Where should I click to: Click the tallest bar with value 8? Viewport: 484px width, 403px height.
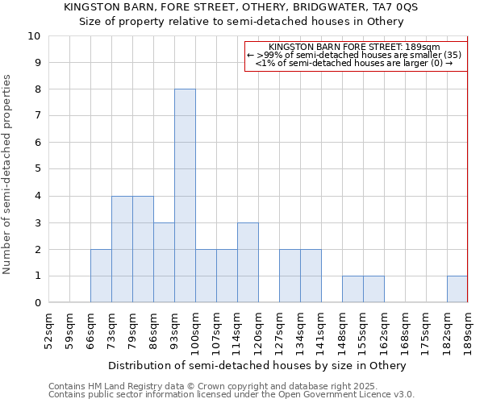185,196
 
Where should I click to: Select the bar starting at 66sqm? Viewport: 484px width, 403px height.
101,276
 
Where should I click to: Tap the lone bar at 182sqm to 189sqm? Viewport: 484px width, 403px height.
457,289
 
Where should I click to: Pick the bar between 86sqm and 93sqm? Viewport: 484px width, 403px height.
164,263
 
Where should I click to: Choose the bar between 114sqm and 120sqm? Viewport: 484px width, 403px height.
248,263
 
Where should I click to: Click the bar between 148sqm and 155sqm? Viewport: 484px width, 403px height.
353,289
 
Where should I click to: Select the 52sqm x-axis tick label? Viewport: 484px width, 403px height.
48,329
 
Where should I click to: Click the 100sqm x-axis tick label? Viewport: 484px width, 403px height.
195,331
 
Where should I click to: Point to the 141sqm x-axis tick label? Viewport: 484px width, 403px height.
321,331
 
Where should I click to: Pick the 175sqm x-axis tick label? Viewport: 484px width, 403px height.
426,331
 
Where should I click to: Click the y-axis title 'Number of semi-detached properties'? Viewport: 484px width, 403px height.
8,174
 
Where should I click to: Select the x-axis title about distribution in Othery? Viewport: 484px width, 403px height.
258,365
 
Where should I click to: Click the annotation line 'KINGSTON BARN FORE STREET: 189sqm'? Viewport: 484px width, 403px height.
355,48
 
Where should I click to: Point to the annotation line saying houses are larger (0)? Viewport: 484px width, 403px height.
355,63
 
